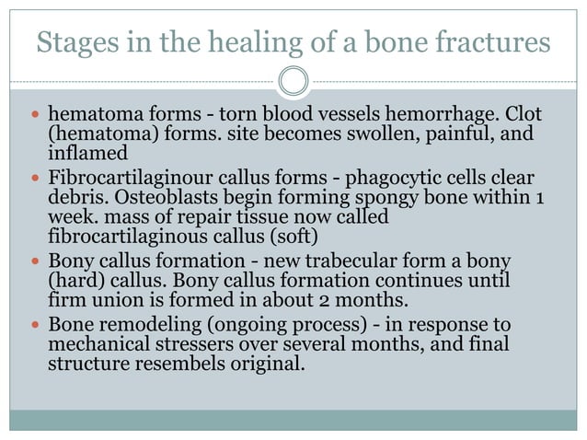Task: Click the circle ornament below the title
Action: [293, 82]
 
